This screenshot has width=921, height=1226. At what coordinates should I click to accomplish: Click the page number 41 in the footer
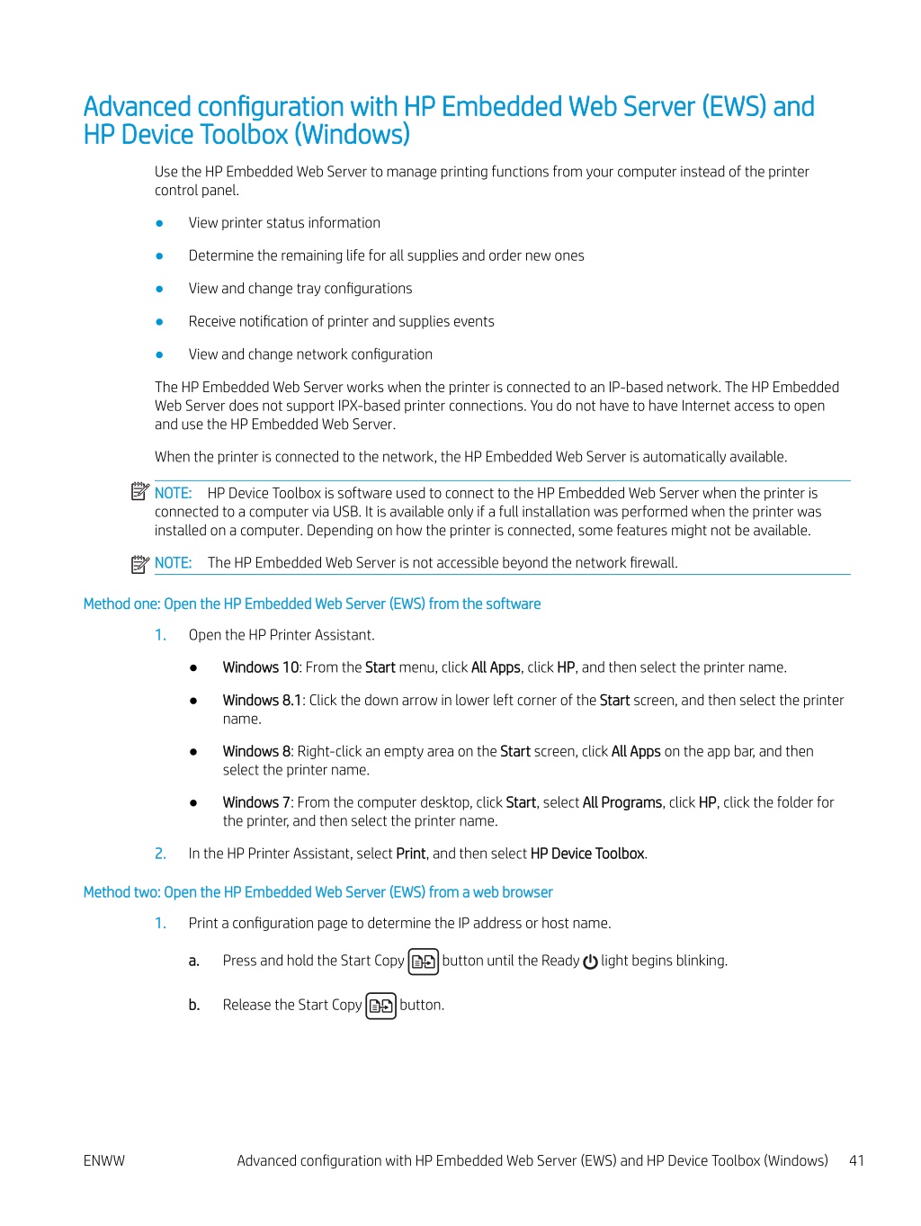click(x=856, y=1160)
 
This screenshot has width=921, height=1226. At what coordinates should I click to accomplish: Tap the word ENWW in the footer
click(x=104, y=1160)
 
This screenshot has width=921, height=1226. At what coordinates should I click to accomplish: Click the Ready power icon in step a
click(x=590, y=962)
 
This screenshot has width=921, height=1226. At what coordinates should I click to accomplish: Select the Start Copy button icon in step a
click(x=424, y=962)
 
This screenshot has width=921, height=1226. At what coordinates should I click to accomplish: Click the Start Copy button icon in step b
click(x=381, y=1006)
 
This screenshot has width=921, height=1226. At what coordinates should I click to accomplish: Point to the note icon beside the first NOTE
click(x=139, y=491)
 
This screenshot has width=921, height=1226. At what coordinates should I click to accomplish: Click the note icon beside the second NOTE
click(x=139, y=564)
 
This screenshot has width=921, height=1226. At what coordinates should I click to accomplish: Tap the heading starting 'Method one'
click(x=312, y=604)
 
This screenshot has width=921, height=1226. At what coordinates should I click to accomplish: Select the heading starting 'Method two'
click(x=317, y=892)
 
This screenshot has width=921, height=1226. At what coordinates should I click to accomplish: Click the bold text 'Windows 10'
click(x=261, y=667)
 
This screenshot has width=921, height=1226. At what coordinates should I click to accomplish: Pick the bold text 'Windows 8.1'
click(x=263, y=700)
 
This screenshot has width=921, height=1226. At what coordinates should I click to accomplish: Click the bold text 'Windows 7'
click(x=256, y=802)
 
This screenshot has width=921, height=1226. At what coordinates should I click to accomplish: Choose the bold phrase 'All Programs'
click(x=622, y=802)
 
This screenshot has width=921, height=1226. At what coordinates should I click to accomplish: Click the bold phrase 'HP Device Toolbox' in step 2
click(x=587, y=854)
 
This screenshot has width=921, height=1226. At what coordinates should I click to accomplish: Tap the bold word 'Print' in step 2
click(x=411, y=854)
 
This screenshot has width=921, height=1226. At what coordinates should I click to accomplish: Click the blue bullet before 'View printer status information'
click(x=160, y=223)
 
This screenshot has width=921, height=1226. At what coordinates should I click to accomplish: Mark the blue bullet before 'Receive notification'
click(x=160, y=322)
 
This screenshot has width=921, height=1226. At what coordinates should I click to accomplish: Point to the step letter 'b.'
click(x=194, y=1005)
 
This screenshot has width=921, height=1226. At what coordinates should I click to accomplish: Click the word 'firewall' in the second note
click(x=653, y=563)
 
